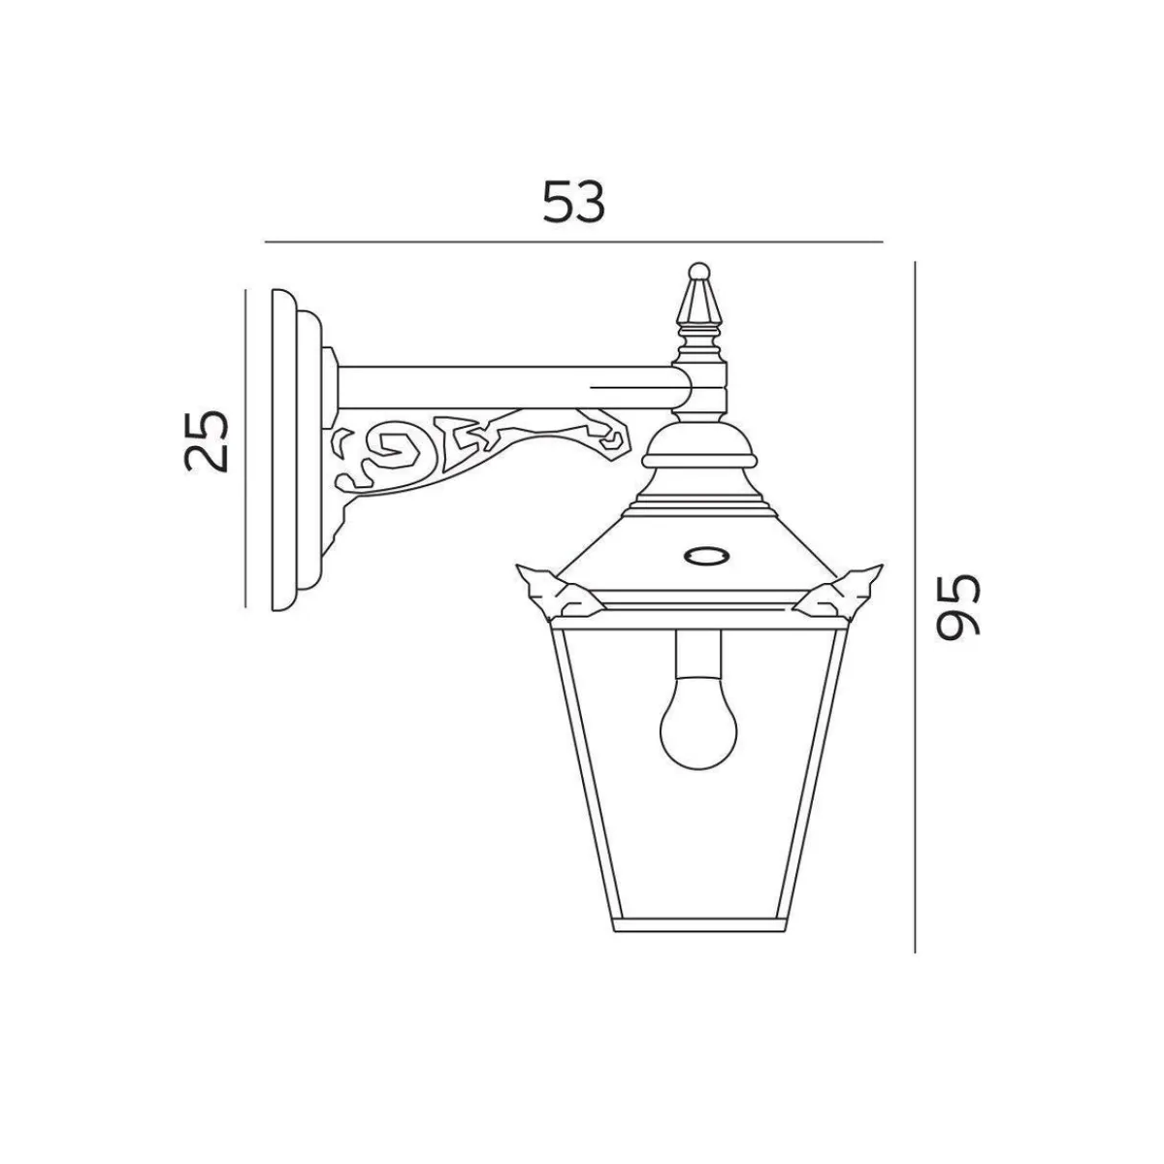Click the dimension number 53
point(573,202)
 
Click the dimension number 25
point(206,440)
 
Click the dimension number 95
point(956,605)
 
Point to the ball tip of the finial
point(698,271)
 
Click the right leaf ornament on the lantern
point(841,593)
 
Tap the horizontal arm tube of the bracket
point(513,387)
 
